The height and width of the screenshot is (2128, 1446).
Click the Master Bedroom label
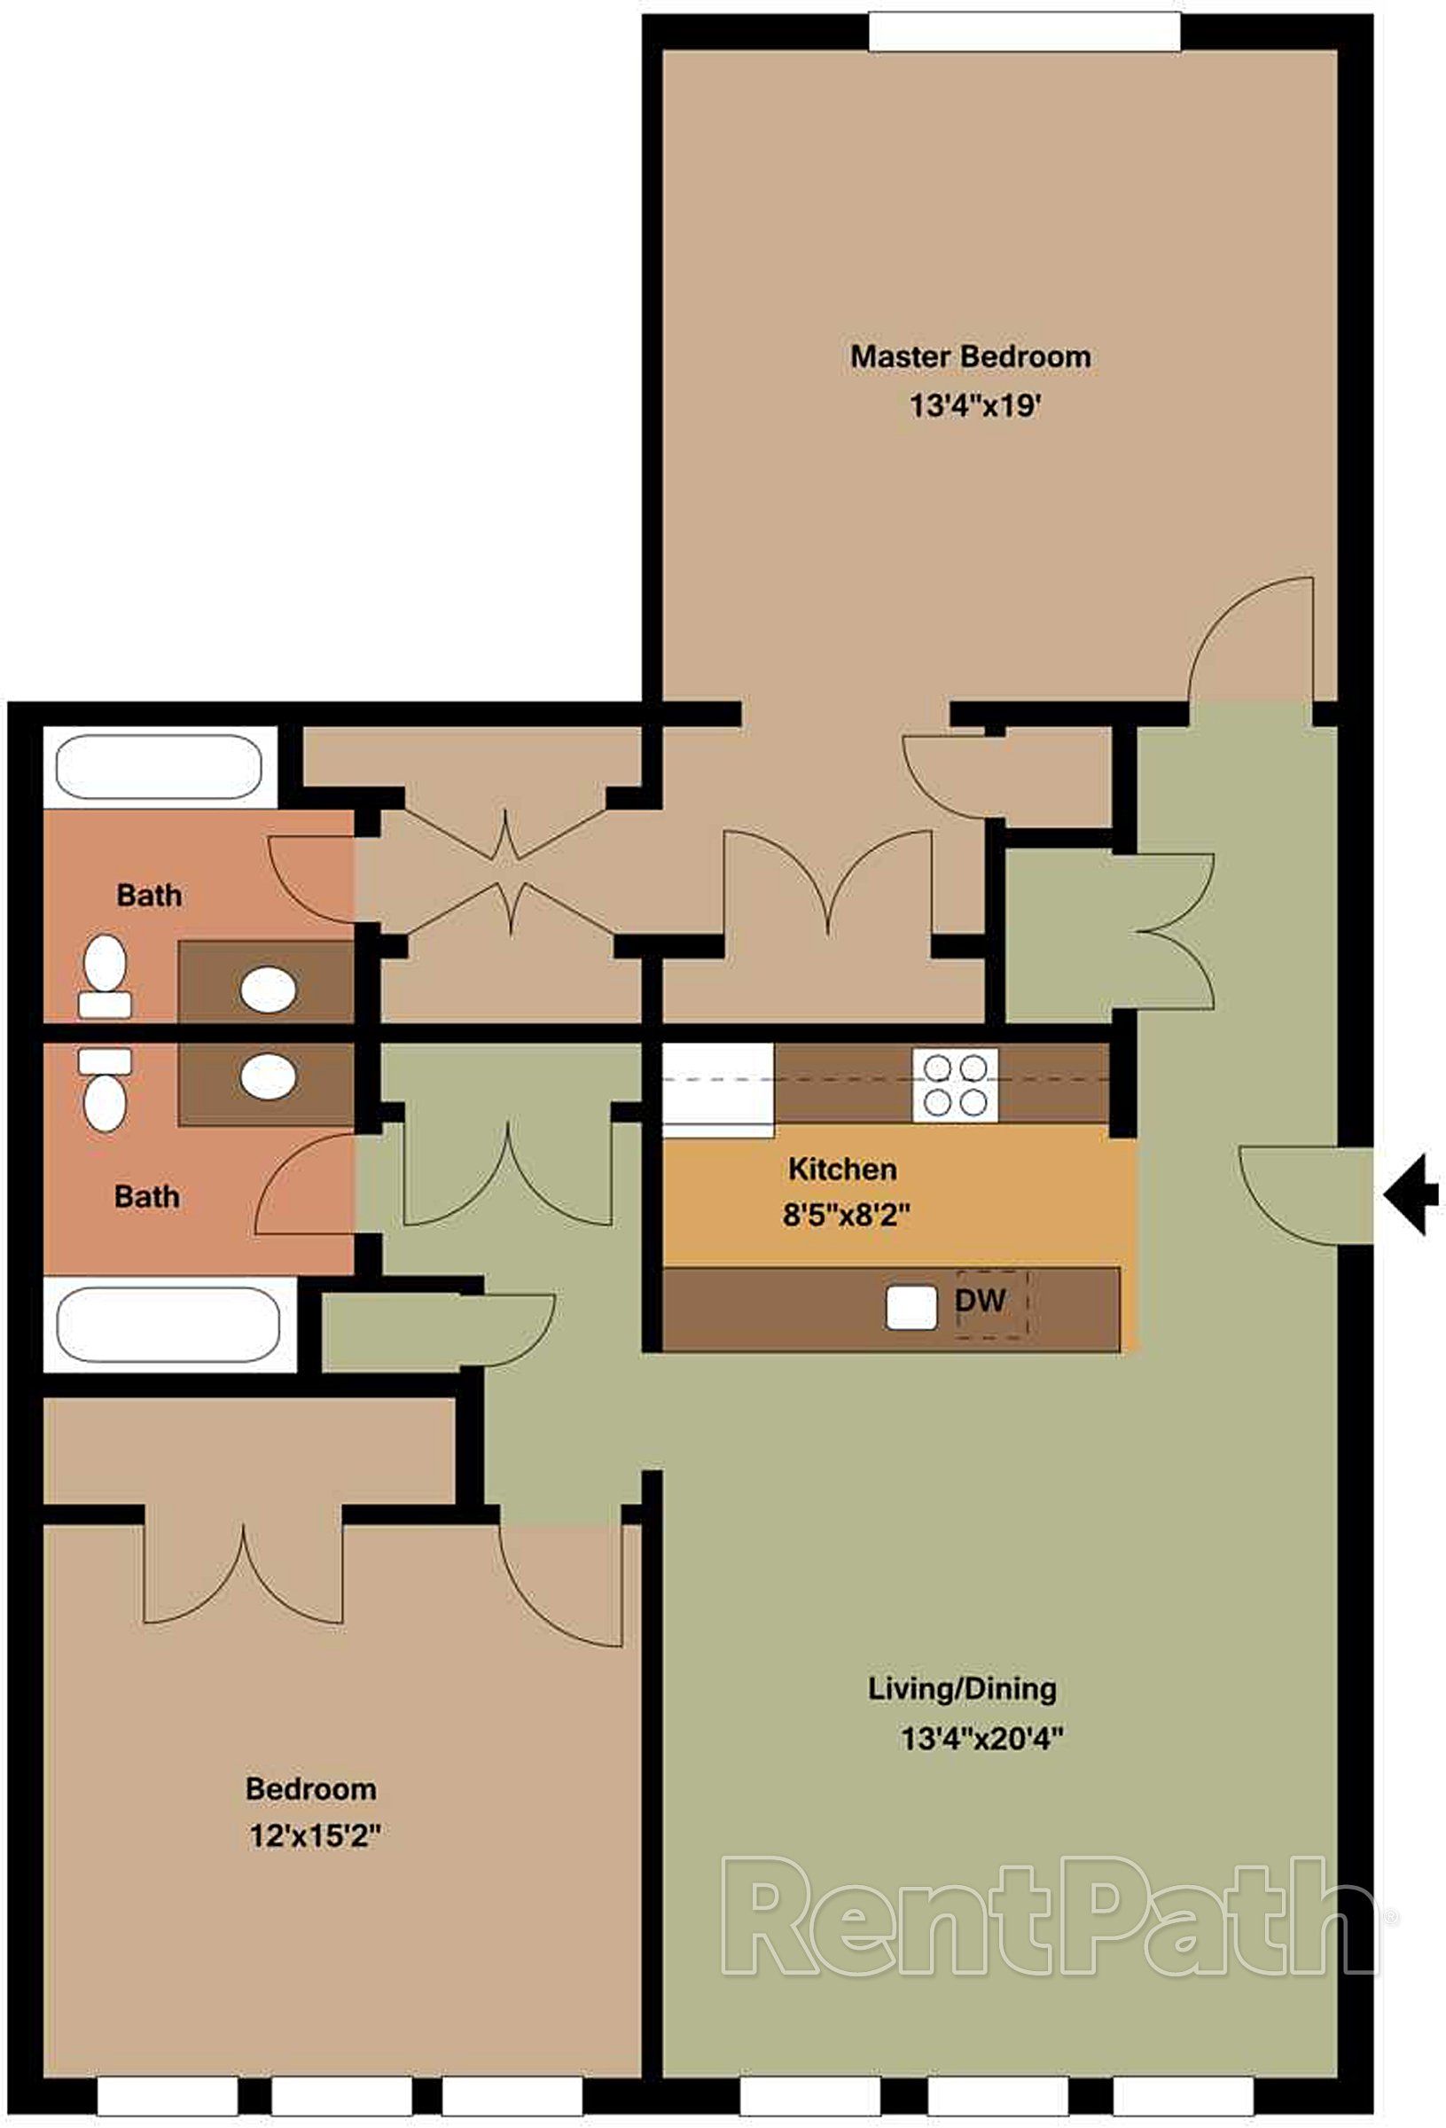tap(971, 356)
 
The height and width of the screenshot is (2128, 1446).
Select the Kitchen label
tap(842, 1169)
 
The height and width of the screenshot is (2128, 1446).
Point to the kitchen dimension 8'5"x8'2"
tap(846, 1215)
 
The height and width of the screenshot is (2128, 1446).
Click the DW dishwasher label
tap(981, 1299)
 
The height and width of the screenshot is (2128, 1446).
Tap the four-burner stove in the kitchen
tap(955, 1086)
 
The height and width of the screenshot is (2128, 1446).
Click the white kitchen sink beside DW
tap(911, 1309)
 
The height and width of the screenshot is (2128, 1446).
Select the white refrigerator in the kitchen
tap(718, 1090)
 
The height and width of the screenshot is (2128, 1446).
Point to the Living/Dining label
tap(963, 1688)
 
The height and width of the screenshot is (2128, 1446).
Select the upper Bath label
tap(149, 895)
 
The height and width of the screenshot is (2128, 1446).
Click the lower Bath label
tap(146, 1196)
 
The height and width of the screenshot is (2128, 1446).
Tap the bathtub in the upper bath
tap(160, 765)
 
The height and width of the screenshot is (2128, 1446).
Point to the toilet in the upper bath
tap(105, 976)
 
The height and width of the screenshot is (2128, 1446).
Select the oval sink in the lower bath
tap(269, 1076)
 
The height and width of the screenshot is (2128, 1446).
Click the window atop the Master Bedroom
tap(1025, 33)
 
